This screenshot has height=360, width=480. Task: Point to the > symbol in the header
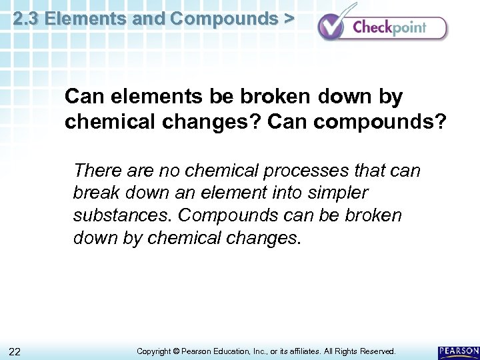coord(288,19)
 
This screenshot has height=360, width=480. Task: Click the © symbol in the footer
coord(176,351)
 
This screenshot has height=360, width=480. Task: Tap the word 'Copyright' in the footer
coord(153,351)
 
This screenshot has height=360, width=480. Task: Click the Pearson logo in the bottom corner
coord(458,351)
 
